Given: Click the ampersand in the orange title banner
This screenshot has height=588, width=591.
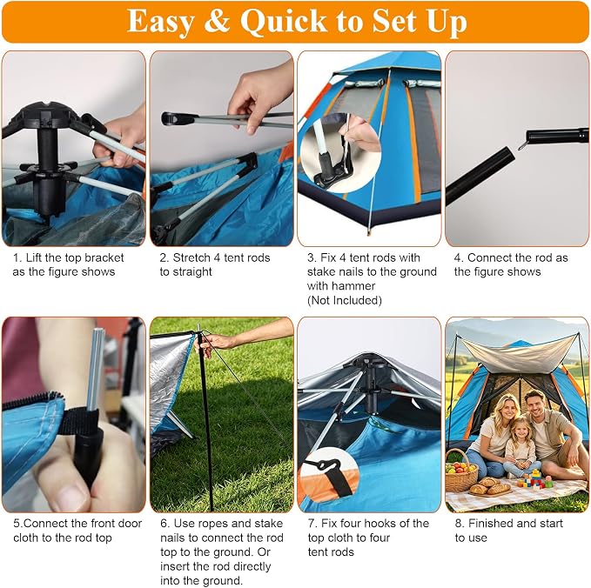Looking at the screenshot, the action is click(x=217, y=21).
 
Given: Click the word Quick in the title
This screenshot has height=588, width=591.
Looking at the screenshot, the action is click(x=285, y=22).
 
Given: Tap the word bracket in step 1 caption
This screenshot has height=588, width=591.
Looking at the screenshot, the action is click(x=104, y=257).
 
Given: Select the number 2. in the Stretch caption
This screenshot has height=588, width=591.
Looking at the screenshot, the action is click(x=165, y=257).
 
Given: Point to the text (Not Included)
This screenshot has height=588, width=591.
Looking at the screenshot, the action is click(x=345, y=300).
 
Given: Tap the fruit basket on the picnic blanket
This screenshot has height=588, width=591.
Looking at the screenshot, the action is click(x=461, y=472).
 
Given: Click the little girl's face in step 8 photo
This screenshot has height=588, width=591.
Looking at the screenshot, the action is click(x=520, y=430).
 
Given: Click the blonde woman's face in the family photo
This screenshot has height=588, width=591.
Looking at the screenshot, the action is click(x=501, y=411).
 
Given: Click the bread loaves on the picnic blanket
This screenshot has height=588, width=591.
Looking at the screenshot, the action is click(x=490, y=487).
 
